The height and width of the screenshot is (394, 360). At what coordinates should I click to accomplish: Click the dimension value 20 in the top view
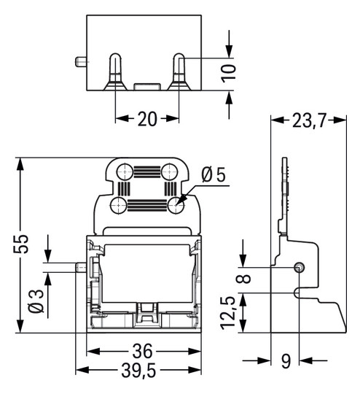[x=147, y=120]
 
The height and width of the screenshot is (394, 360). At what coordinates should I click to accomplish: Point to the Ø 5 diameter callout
[x=213, y=175]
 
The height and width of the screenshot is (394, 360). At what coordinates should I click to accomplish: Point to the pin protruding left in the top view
[x=80, y=62]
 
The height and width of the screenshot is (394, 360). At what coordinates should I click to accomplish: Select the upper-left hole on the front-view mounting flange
[x=126, y=172]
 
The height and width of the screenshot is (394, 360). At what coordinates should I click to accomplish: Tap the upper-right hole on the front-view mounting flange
[x=169, y=172]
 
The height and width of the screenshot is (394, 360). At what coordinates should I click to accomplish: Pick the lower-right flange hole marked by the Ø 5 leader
[x=175, y=206]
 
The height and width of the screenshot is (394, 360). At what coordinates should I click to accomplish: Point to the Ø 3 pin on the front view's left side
[x=82, y=266]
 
